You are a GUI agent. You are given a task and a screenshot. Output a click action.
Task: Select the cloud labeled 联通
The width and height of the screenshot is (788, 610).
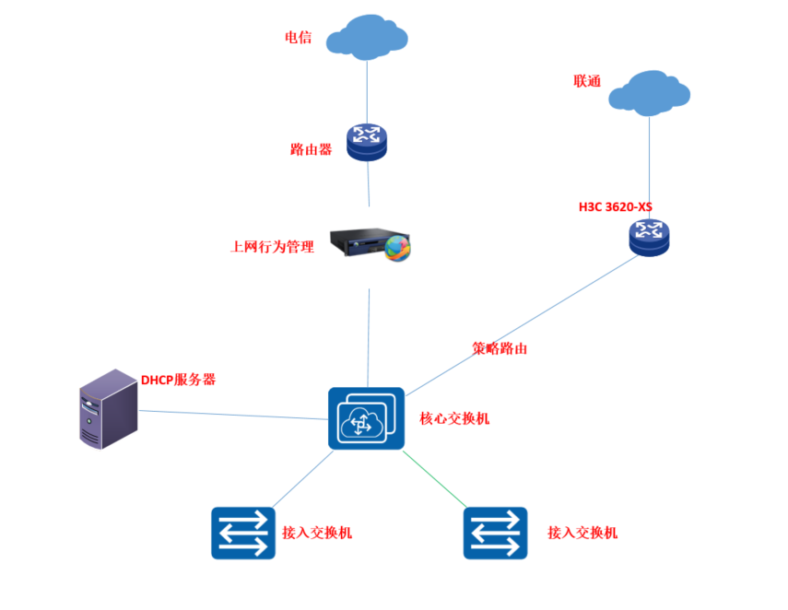[x=649, y=93]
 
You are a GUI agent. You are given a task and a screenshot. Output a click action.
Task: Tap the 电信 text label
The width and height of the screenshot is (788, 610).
[x=298, y=38]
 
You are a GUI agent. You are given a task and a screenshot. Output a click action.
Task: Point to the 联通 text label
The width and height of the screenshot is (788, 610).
[x=587, y=81]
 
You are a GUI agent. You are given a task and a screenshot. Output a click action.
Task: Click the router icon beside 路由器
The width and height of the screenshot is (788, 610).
[x=367, y=142]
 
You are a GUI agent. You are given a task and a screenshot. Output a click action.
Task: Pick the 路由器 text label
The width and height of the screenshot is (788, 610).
[x=311, y=149]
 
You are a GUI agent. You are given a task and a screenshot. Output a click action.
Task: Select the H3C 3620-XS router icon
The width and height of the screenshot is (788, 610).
[x=649, y=238]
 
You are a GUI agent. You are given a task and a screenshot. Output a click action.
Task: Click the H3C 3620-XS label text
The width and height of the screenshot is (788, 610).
[x=615, y=206]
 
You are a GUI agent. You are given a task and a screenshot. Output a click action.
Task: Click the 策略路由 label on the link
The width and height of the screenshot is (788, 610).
[x=499, y=349]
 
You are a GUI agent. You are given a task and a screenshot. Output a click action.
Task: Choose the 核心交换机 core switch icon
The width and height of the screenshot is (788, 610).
[x=366, y=418]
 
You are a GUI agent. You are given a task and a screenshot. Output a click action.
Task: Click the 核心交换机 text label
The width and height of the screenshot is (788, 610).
[x=454, y=418]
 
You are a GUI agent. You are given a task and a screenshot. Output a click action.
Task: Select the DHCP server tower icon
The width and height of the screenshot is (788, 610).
[x=107, y=409]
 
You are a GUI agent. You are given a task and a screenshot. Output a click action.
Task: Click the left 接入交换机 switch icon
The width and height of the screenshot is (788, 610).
[x=243, y=533]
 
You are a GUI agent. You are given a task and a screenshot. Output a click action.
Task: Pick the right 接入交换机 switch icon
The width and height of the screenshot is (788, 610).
[x=495, y=533]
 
